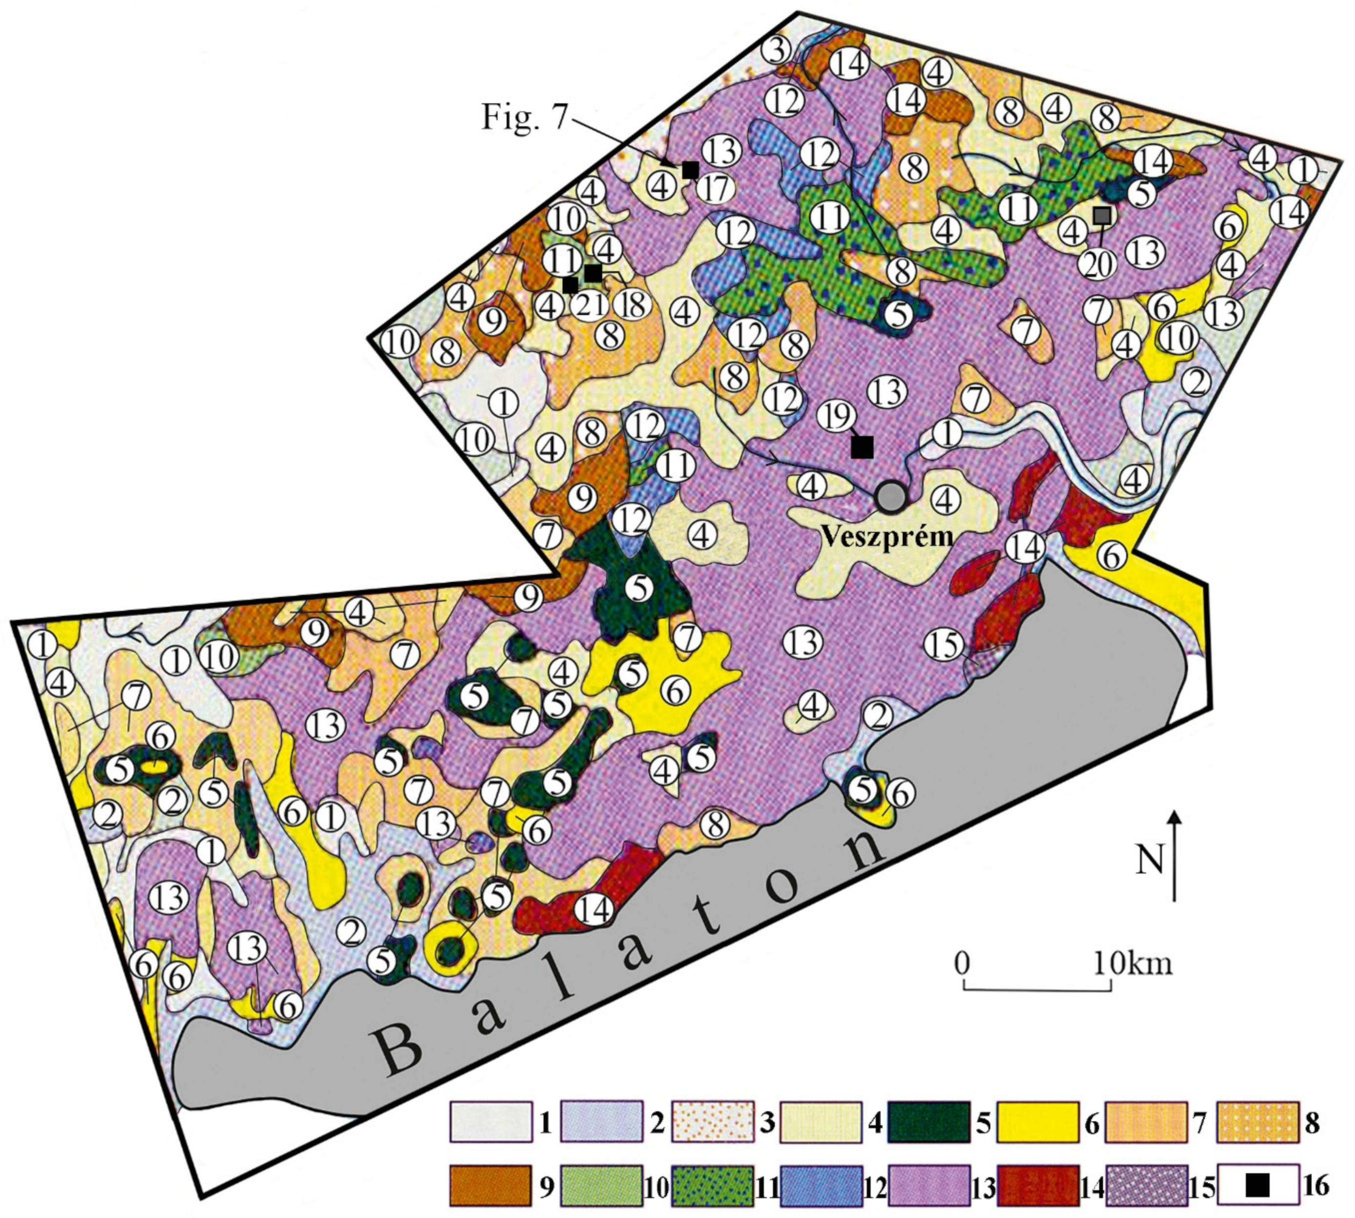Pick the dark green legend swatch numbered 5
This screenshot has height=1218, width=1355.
pos(929,1122)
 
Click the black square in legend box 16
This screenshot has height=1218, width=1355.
pos(1258,1187)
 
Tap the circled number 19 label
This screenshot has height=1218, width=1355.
pos(834,417)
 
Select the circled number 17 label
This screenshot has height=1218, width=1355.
pos(715,190)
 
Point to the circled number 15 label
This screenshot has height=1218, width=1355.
pos(944,645)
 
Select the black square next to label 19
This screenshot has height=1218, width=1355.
pos(862,447)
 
